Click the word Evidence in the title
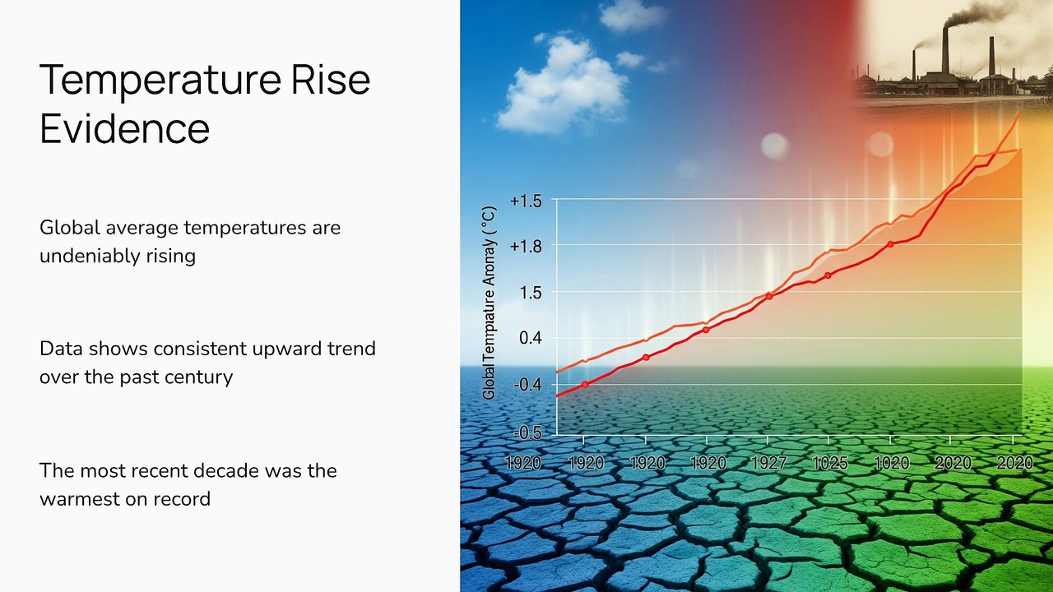pyautogui.click(x=124, y=129)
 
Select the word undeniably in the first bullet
pyautogui.click(x=89, y=256)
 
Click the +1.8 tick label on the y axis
pyautogui.click(x=526, y=246)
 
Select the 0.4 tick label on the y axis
pyautogui.click(x=531, y=338)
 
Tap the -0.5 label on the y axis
pyautogui.click(x=528, y=432)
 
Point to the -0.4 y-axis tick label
pyautogui.click(x=528, y=385)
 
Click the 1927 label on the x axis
pyautogui.click(x=768, y=464)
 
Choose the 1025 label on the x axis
pyautogui.click(x=829, y=464)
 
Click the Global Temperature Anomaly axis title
pyautogui.click(x=489, y=302)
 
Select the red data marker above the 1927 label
pyautogui.click(x=769, y=296)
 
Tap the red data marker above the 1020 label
pyautogui.click(x=890, y=244)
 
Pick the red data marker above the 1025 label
pyautogui.click(x=828, y=275)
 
